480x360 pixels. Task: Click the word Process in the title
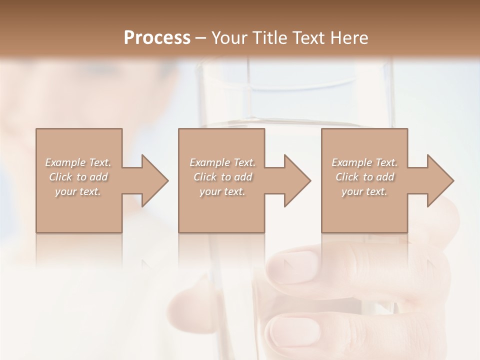157,37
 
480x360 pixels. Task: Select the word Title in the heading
270,37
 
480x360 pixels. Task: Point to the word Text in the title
310,37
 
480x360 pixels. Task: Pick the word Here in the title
349,37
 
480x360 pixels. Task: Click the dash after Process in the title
201,38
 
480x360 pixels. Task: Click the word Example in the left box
65,162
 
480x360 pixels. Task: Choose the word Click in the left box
60,177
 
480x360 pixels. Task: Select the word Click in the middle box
205,177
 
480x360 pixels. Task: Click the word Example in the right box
352,162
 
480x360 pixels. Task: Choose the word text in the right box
377,191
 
